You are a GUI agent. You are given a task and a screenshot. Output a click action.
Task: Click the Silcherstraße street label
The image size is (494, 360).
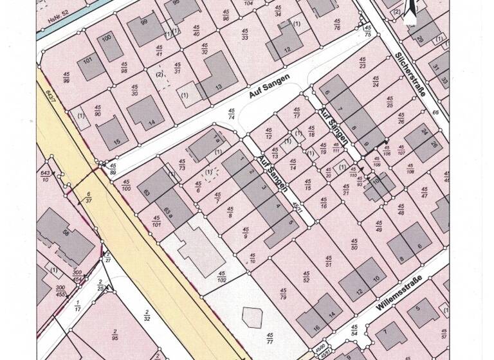[412, 74]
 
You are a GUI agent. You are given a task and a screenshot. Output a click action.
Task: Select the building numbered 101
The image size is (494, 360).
[88, 62]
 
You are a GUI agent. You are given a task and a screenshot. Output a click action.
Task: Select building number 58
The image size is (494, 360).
[64, 232]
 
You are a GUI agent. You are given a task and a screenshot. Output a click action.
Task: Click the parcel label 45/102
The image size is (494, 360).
[222, 278]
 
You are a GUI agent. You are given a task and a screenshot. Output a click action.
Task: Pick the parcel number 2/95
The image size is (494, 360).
[114, 337]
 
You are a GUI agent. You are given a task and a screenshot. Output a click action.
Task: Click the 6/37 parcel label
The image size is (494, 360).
[88, 196]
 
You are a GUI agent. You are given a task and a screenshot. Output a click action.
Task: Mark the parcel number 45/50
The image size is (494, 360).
[353, 244]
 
